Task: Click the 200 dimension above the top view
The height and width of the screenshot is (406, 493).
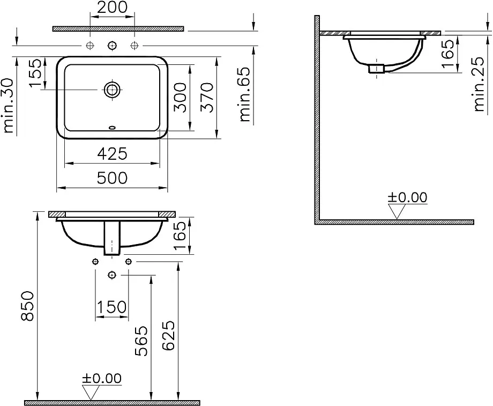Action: point(113,8)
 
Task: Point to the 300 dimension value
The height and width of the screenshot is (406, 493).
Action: point(181,97)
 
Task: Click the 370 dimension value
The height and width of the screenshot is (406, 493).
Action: point(207,97)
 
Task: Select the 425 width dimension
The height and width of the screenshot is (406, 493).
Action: point(113,154)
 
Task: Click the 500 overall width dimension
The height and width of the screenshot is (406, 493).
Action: point(113,178)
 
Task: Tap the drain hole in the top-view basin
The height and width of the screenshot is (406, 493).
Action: point(112,90)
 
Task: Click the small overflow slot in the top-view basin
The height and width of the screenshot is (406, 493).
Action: point(112,128)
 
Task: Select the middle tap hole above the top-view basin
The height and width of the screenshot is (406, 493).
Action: point(112,45)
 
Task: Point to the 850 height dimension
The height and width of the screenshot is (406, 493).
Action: point(28,306)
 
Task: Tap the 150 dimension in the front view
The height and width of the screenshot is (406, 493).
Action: point(111,307)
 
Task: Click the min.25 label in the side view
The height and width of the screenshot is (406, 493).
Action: point(480,86)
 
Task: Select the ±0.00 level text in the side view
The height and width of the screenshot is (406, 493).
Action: point(408,197)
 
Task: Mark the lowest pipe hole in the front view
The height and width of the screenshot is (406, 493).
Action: point(111,275)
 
